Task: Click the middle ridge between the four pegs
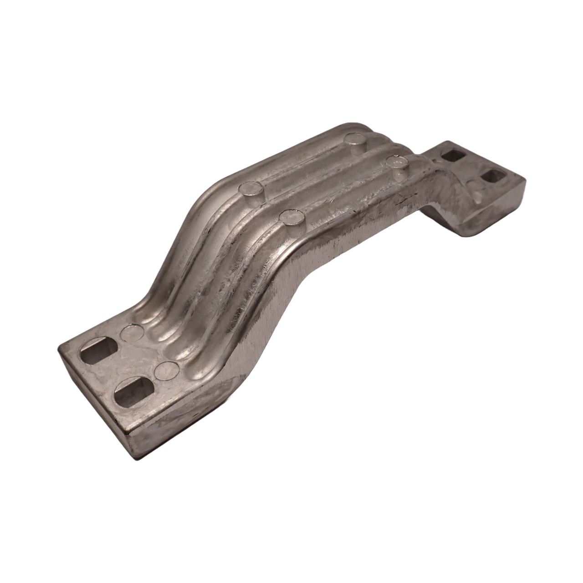coord(319,182)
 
